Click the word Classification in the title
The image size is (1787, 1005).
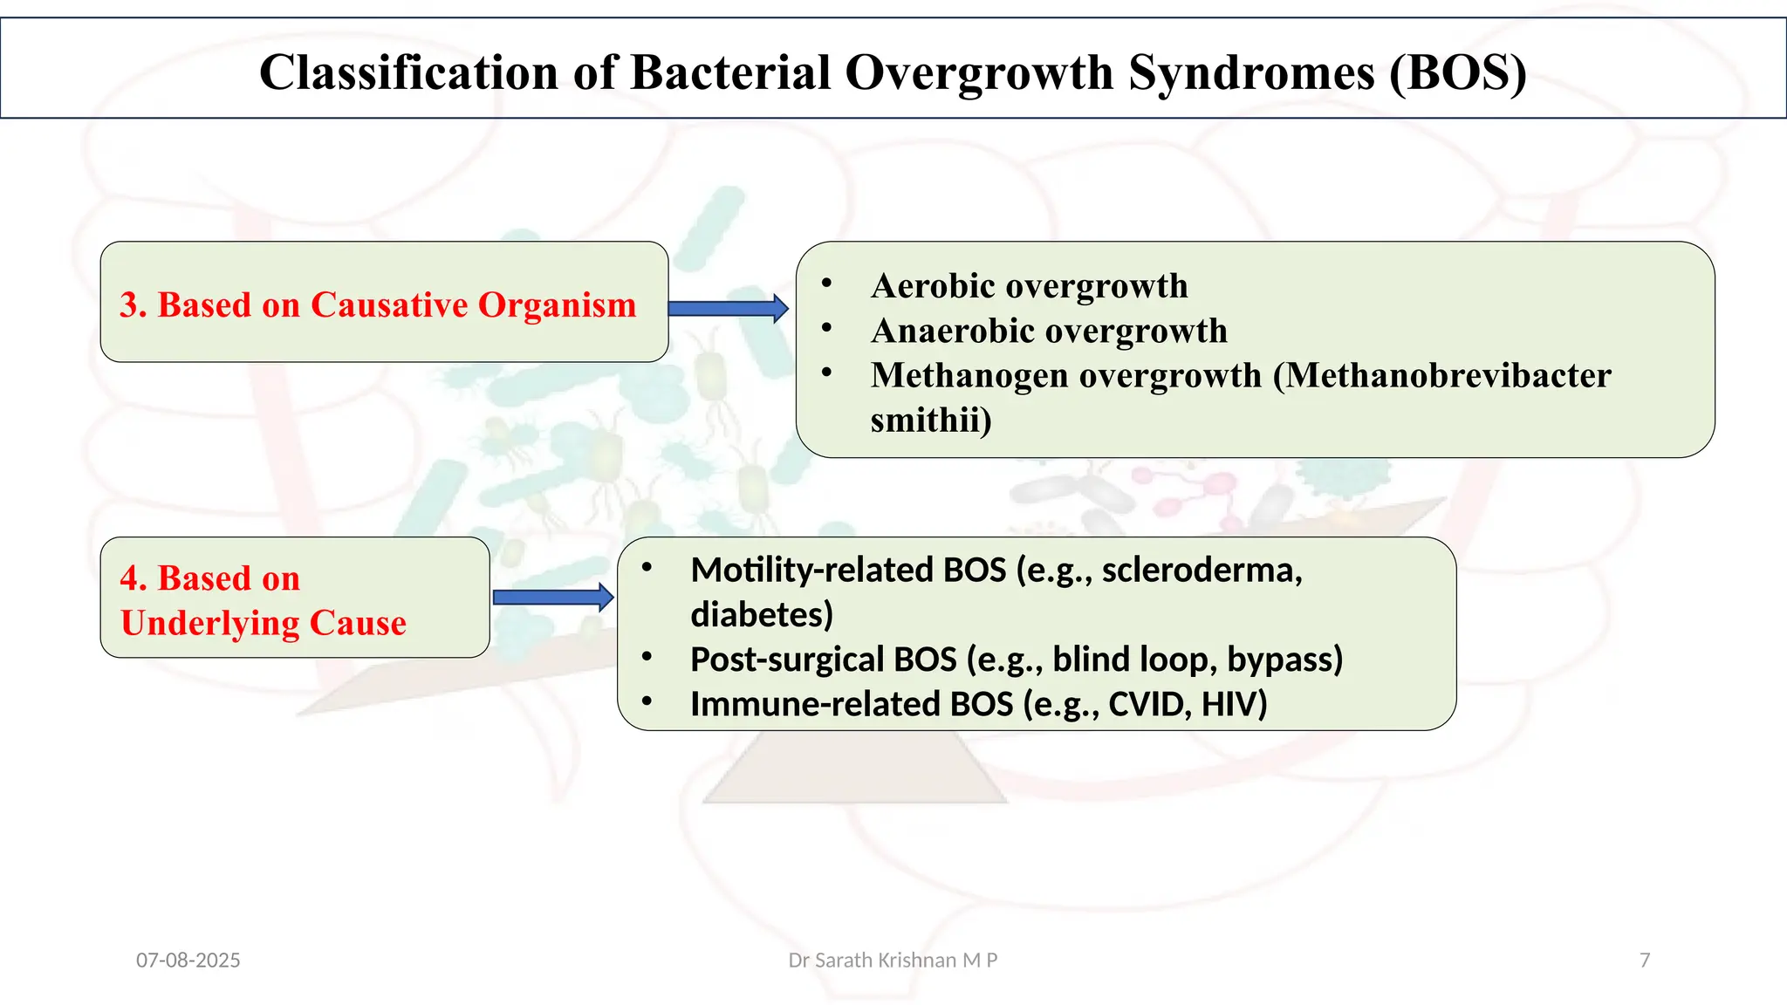408,72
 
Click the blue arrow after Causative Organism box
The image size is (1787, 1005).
728,308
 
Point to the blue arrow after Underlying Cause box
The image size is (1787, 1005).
552,597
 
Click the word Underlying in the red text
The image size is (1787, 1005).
209,623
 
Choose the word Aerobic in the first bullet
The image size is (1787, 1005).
928,286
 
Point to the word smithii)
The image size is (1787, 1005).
930,420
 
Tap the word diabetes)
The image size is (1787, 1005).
762,615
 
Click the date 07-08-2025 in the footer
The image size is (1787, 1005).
188,961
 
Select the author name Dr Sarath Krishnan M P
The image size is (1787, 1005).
893,961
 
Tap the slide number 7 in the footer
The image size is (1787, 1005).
1645,961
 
